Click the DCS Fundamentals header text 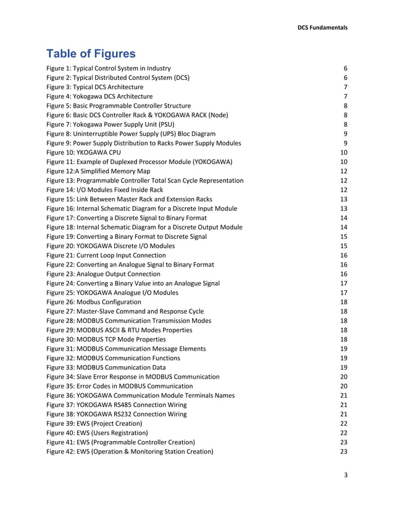pos(323,27)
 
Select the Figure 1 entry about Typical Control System pos(109,68)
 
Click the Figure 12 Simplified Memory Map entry pos(98,171)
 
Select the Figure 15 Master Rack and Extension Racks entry pos(129,199)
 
